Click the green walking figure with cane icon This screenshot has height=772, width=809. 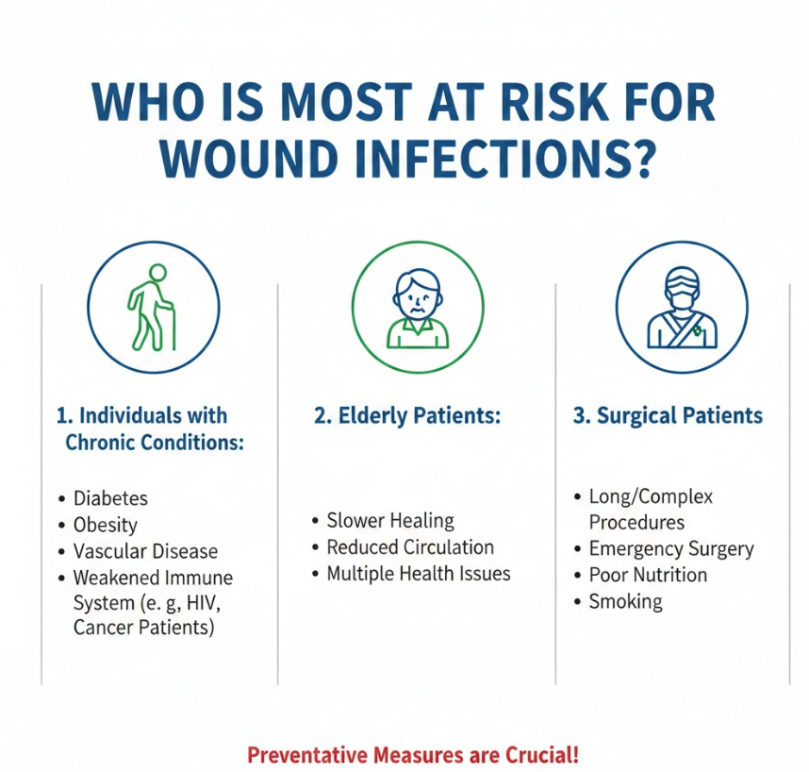coord(152,308)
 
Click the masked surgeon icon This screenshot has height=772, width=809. coord(682,308)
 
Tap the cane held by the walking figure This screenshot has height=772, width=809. coord(172,326)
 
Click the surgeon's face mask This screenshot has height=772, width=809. coord(682,299)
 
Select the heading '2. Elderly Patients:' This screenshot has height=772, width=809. coord(407,415)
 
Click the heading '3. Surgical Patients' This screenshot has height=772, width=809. coord(668,415)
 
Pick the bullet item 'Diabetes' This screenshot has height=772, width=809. coord(110,498)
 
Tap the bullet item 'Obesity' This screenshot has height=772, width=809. coord(106,525)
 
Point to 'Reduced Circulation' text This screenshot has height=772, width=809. coord(410,547)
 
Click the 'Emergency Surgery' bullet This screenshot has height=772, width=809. coord(671,549)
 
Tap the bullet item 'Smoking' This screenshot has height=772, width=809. coord(625,601)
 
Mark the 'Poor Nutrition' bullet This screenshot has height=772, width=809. coord(648,575)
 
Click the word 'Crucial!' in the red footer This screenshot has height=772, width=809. coord(542,754)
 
